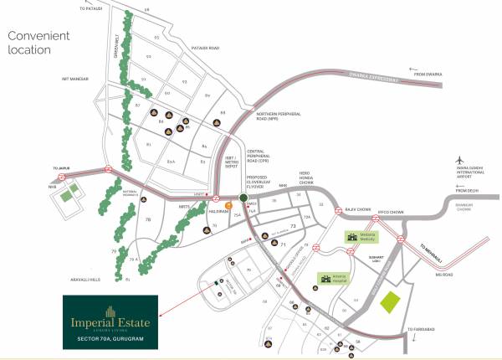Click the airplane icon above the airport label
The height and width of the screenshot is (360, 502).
(x=459, y=159)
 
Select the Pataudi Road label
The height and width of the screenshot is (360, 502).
(x=203, y=49)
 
